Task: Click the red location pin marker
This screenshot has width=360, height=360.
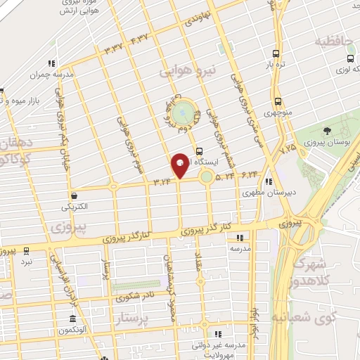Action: pyautogui.click(x=180, y=165)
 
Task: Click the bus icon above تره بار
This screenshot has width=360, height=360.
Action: pyautogui.click(x=276, y=53)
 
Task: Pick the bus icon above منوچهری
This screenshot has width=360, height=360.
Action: pyautogui.click(x=278, y=101)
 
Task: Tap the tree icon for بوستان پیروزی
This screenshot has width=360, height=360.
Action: pyautogui.click(x=327, y=130)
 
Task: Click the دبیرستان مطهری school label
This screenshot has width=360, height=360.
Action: pyautogui.click(x=270, y=191)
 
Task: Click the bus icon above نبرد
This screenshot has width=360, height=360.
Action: pyautogui.click(x=26, y=250)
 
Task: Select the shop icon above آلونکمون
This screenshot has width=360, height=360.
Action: pyautogui.click(x=73, y=319)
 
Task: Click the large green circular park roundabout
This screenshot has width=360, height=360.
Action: pyautogui.click(x=182, y=112)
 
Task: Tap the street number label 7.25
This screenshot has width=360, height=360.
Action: pyautogui.click(x=288, y=149)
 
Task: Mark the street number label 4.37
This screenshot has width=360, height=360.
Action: pyautogui.click(x=139, y=39)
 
